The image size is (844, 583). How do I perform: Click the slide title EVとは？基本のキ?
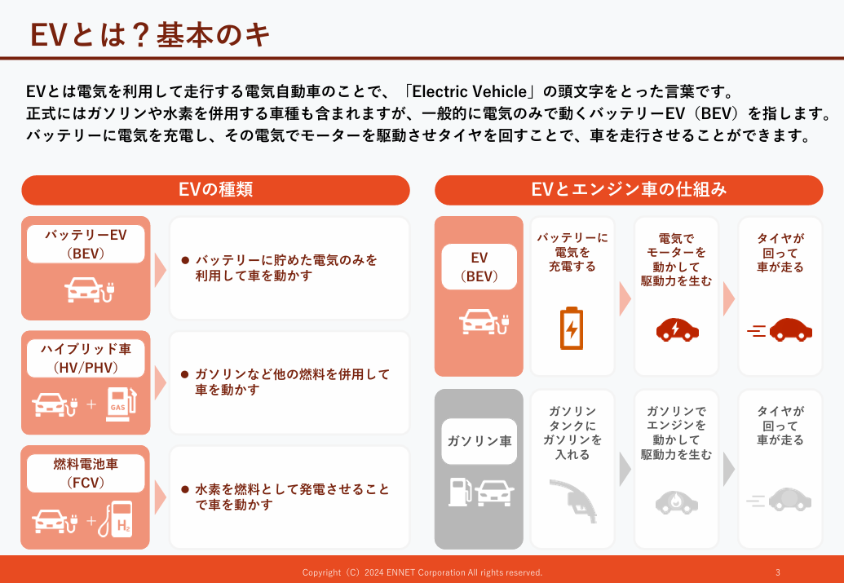tap(150, 35)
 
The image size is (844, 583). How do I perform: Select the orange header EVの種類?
tap(216, 190)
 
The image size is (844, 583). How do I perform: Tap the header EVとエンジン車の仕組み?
tap(629, 190)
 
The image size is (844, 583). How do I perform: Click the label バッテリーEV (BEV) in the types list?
tap(86, 244)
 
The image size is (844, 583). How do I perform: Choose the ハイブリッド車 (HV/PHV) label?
tap(86, 358)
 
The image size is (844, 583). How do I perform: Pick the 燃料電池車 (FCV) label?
tap(86, 473)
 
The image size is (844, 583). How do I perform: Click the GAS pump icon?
tap(121, 404)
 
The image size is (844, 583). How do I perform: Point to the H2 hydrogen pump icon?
tap(116, 519)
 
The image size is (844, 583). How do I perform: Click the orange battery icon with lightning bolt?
tap(571, 329)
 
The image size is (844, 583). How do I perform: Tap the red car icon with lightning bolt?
tap(677, 329)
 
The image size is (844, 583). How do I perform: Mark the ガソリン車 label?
tap(479, 441)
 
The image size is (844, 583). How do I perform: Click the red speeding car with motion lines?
tap(780, 329)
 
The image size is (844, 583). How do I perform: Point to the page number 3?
tap(778, 572)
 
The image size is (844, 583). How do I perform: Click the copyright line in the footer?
tap(422, 572)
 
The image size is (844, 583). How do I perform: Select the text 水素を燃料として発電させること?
tap(292, 489)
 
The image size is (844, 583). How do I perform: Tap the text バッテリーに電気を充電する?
tap(572, 252)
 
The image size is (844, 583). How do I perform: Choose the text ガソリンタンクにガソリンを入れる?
tap(572, 433)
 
